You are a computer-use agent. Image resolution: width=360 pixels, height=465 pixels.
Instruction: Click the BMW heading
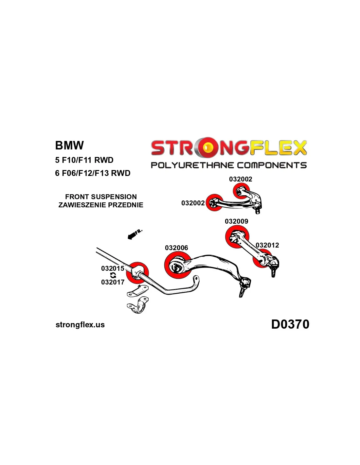69,145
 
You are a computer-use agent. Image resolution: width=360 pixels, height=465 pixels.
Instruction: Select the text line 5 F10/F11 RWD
84,160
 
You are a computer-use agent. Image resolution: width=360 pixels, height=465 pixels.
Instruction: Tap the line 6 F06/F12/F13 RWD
93,173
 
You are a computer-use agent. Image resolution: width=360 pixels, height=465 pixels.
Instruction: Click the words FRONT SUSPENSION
101,197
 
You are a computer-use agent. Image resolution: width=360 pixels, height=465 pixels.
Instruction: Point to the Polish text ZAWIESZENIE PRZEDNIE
101,205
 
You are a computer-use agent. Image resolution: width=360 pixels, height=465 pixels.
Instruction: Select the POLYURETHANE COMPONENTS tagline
228,165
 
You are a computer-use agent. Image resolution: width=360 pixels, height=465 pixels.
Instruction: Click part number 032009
236,221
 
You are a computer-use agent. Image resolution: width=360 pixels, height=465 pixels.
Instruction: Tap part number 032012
267,245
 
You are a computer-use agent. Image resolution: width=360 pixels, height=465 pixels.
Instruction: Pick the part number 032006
176,248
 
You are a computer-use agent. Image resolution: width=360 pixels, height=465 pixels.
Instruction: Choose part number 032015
113,268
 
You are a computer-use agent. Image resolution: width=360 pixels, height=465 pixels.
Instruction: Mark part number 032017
113,282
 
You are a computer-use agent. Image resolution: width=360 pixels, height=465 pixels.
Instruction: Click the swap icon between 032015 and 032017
113,275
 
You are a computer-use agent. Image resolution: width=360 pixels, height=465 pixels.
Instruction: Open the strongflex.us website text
80,325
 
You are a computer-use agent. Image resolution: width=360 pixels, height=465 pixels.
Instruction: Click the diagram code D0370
290,324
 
